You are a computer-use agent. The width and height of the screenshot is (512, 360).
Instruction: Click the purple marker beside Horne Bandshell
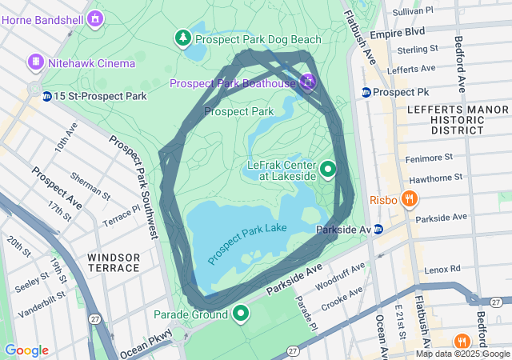[96, 17]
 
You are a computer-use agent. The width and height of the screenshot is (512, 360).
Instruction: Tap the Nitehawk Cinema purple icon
[35, 62]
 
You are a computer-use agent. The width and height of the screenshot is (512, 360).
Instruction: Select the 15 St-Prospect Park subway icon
[47, 96]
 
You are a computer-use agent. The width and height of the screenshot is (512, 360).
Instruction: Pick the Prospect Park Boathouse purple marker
[308, 81]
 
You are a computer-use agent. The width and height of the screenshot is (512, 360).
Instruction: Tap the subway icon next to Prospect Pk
[366, 92]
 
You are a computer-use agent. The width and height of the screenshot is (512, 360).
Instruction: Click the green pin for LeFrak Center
[328, 170]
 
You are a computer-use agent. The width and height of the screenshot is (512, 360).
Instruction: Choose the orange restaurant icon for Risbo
[409, 198]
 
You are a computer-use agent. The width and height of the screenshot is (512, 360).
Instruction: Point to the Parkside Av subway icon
[378, 230]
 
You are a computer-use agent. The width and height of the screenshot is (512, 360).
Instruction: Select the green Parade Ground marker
[240, 314]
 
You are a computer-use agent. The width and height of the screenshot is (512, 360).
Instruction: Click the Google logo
[26, 350]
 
